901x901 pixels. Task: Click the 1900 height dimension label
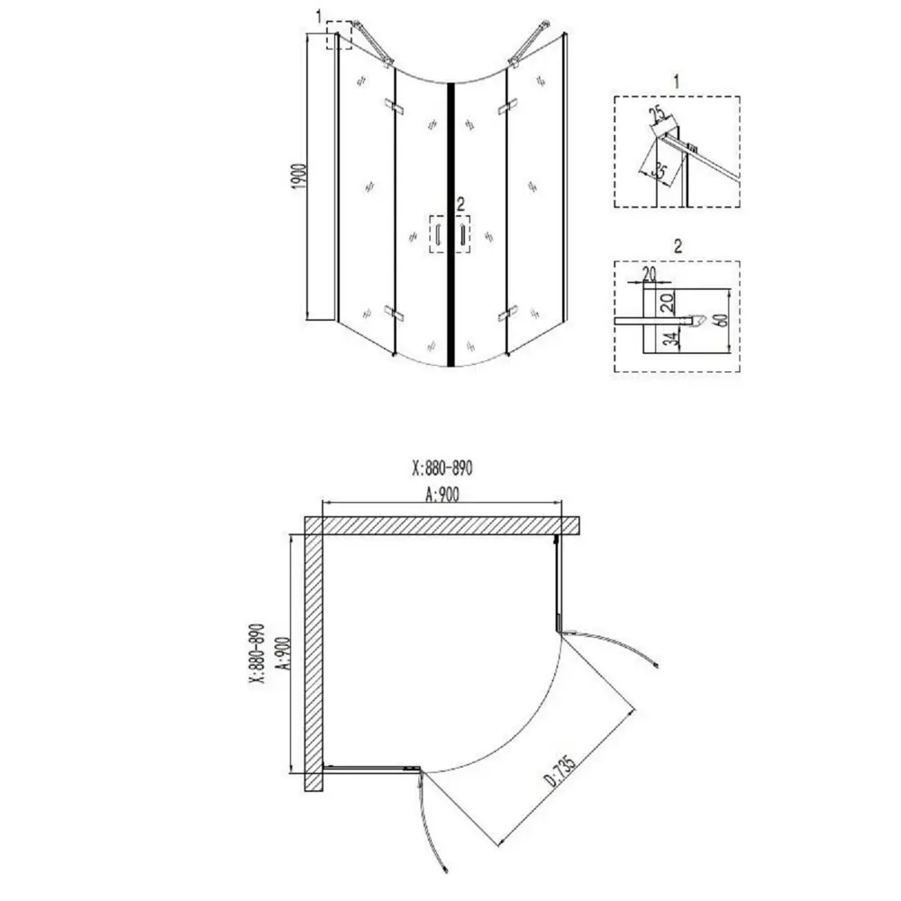[x=300, y=177]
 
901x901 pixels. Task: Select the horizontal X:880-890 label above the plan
[x=442, y=469]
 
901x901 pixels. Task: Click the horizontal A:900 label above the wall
[x=442, y=494]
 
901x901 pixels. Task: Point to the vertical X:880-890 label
[x=257, y=654]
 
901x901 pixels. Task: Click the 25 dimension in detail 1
[x=659, y=114]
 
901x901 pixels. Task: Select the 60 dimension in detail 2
[x=723, y=321]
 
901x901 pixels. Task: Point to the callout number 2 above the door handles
[x=460, y=204]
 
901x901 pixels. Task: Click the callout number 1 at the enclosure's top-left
[x=320, y=17]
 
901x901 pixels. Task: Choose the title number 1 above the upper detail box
[x=677, y=82]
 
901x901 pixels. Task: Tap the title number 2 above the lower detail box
[x=678, y=247]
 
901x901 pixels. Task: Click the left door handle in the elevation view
[x=438, y=234]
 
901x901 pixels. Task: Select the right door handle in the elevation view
[x=462, y=234]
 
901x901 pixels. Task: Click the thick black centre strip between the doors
[x=451, y=224]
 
